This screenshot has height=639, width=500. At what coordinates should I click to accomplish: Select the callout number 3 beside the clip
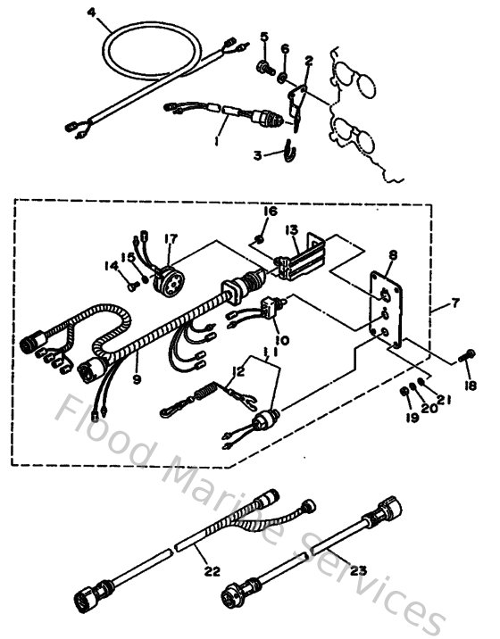[x=257, y=155]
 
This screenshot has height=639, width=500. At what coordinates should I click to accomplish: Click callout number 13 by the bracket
[x=291, y=229]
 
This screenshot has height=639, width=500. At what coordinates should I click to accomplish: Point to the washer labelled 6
[x=284, y=79]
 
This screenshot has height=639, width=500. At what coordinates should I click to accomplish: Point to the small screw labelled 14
[x=131, y=286]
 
